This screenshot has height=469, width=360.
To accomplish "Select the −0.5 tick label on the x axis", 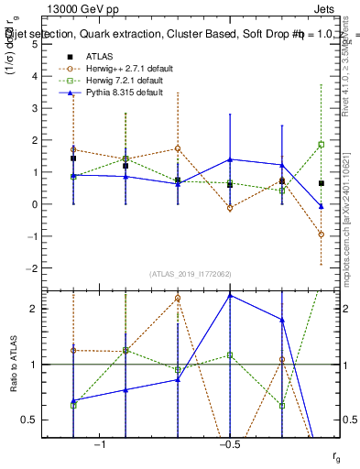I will pyautogui.click(x=227, y=444).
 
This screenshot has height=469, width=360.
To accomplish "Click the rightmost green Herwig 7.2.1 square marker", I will pyautogui.click(x=321, y=145).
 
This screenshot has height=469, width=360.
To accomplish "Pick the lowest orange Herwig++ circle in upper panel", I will pyautogui.click(x=321, y=234).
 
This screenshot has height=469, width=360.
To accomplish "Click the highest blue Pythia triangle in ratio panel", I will pyautogui.click(x=230, y=295).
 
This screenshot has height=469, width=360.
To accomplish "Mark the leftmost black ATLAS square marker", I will pyautogui.click(x=73, y=158).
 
